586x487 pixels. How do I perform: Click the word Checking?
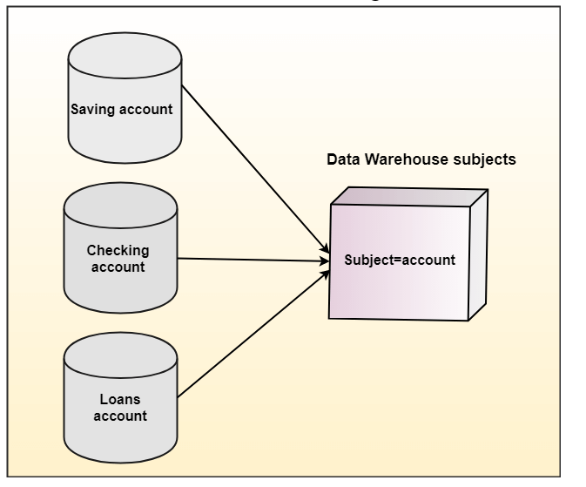(118, 251)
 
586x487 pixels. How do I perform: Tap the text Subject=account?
(400, 260)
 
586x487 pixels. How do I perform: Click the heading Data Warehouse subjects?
(421, 160)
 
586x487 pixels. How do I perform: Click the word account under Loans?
(121, 416)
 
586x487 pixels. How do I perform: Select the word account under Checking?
(120, 267)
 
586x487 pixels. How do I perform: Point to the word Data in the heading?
(341, 160)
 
